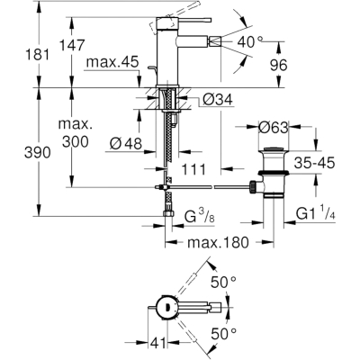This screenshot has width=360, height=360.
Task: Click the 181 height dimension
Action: pos(37,55)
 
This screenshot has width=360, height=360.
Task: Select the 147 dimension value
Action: pos(72,45)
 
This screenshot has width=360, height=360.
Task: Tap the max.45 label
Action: pos(112,62)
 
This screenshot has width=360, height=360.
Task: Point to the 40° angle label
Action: pos(250,42)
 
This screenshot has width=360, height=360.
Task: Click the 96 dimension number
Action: pos(279,66)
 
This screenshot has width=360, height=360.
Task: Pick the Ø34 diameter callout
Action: pos(218,99)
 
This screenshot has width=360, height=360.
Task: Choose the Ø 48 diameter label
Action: pos(126,144)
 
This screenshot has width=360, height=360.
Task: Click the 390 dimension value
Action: pos(38,153)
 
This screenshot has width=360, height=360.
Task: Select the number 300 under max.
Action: pos(76,141)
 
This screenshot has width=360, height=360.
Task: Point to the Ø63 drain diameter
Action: pos(274,129)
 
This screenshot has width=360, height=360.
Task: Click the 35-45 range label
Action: pos(314,164)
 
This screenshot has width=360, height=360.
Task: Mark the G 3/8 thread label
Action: pos(200,217)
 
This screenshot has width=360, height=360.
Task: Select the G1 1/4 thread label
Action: pos(316,214)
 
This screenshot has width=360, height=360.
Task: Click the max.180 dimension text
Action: pos(218,242)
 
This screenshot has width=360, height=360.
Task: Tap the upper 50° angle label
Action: pos(223,283)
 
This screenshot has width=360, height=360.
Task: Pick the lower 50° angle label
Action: pos(223,334)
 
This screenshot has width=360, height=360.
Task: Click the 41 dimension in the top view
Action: pos(157,343)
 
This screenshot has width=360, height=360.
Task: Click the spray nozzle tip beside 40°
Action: pos(215,41)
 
